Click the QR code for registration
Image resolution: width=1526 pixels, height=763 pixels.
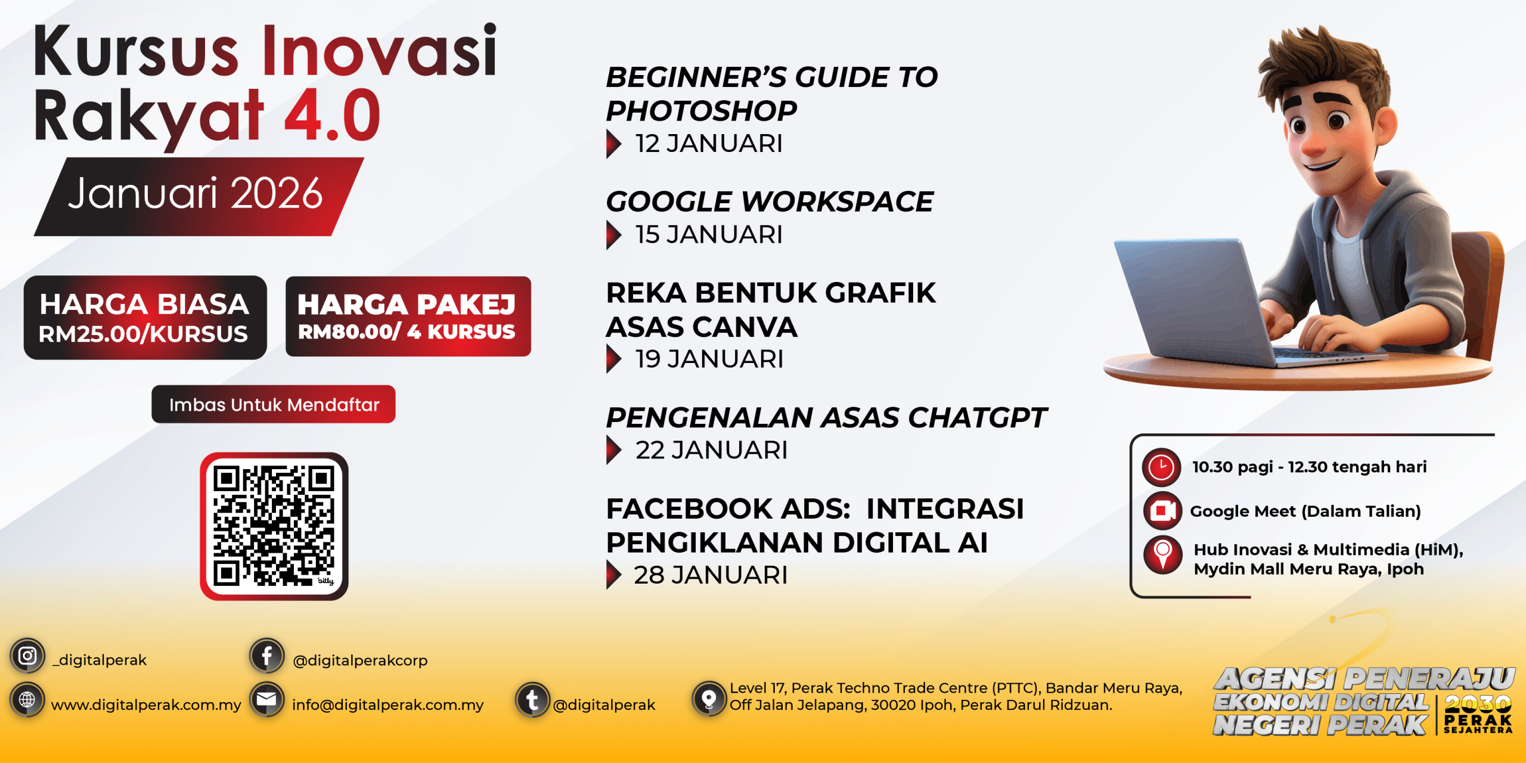pyautogui.click(x=274, y=526)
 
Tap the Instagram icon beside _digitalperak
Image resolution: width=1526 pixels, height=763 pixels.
pyautogui.click(x=27, y=656)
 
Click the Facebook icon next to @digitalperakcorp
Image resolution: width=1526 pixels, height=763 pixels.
pyautogui.click(x=266, y=656)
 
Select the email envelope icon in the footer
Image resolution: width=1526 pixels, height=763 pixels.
pyautogui.click(x=266, y=699)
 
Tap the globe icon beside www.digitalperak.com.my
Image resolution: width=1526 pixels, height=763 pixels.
pyautogui.click(x=27, y=699)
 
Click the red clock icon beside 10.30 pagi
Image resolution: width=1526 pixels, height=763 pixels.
pyautogui.click(x=1161, y=467)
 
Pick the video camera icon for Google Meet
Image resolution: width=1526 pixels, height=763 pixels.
pyautogui.click(x=1162, y=511)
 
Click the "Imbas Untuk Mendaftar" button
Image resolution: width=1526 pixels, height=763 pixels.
pyautogui.click(x=274, y=404)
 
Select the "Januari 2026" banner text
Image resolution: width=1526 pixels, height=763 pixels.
pyautogui.click(x=195, y=194)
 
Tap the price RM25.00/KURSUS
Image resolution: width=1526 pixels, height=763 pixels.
pyautogui.click(x=143, y=334)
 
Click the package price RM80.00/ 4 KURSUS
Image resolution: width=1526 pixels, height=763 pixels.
pyautogui.click(x=407, y=331)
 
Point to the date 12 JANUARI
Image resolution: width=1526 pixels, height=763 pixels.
pyautogui.click(x=709, y=144)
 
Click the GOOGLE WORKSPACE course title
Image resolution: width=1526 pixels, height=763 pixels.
pyautogui.click(x=770, y=201)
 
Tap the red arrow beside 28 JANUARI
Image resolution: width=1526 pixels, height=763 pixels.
pyautogui.click(x=614, y=575)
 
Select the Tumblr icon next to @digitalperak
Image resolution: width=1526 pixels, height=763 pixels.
pyautogui.click(x=532, y=700)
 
